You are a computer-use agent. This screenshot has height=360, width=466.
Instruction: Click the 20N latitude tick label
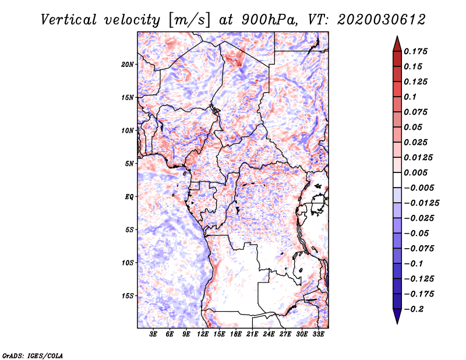pos(128,65)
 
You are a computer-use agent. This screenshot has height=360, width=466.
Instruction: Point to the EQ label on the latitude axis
pos(129,197)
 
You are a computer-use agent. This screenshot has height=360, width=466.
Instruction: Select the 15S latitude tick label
pos(128,296)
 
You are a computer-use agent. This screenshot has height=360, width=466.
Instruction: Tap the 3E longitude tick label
pos(153,334)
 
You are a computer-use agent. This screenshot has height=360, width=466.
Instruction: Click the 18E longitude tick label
pos(236,334)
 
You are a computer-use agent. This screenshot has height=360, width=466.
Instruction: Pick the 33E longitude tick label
pos(318,334)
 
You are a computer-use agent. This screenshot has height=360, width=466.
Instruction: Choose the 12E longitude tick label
pos(203,334)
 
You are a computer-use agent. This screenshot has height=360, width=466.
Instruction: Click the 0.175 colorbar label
pos(415,51)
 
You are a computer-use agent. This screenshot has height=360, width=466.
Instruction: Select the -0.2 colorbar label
pos(414,309)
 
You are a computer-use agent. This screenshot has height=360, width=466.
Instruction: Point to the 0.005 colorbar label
pos(415,172)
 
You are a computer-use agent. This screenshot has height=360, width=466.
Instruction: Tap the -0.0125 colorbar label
pos(421,203)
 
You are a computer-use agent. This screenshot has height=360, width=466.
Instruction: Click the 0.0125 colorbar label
pos(418,157)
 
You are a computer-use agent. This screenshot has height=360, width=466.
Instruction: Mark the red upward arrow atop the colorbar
pos(397,44)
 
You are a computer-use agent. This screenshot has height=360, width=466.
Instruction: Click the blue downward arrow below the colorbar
pos(397,316)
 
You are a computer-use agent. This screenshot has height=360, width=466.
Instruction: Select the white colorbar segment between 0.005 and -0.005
pos(397,180)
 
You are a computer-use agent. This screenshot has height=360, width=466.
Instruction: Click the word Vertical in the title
pos(69,20)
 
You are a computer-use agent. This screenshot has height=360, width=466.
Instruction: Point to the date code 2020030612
pos(382,20)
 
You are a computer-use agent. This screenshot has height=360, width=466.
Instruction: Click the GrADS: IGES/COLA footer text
pos(33,356)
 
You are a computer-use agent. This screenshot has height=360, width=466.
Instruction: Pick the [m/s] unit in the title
pos(190,20)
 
